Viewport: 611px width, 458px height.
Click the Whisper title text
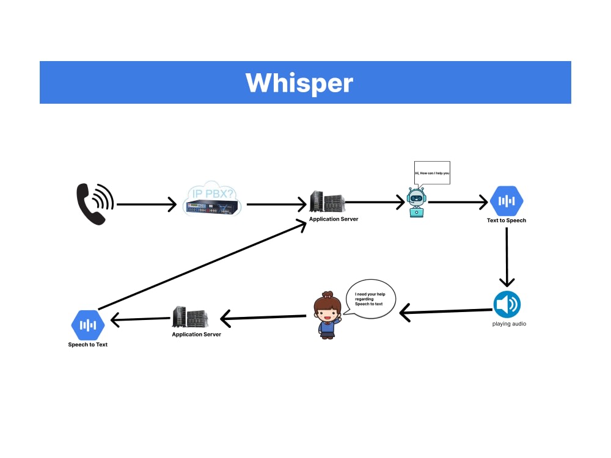click(299, 82)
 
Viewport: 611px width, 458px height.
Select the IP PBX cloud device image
click(212, 198)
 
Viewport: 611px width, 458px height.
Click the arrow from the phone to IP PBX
click(147, 205)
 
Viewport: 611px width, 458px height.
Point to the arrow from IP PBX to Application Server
click(277, 205)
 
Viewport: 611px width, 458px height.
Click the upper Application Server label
click(334, 219)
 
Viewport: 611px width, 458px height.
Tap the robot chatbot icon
click(416, 202)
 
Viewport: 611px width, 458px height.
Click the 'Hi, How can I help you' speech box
click(432, 173)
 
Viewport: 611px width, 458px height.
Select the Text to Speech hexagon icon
click(507, 201)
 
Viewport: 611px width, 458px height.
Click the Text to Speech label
click(506, 220)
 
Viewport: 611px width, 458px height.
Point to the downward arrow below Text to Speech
click(507, 257)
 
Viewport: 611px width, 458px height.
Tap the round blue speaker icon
click(507, 304)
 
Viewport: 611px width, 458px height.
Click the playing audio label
click(509, 324)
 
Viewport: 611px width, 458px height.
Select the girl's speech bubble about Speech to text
click(370, 299)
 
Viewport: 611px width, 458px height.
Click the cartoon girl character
click(327, 315)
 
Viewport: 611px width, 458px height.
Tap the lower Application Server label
click(196, 335)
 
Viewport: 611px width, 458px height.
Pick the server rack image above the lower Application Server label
click(190, 317)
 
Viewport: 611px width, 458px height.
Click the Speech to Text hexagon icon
click(88, 325)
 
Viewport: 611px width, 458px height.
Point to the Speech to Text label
click(87, 344)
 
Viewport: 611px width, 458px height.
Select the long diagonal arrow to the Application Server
click(202, 265)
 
